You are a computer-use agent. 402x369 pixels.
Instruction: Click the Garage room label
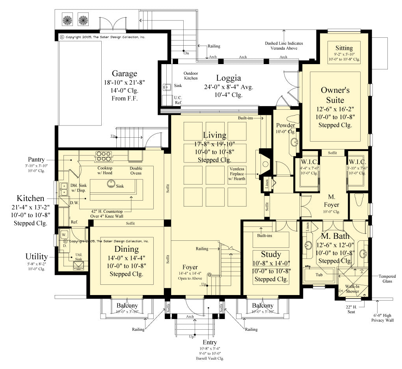(x=124, y=74)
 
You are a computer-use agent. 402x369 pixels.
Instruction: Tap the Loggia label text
(x=228, y=78)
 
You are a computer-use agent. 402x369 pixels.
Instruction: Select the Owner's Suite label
(x=335, y=95)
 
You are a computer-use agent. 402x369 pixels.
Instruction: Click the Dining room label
(x=126, y=249)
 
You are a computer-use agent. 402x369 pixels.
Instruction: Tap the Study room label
(x=271, y=254)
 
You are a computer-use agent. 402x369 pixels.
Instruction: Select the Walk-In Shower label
(x=352, y=289)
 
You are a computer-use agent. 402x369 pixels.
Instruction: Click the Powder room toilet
(x=294, y=120)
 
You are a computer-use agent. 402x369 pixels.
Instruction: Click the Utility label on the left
(x=37, y=256)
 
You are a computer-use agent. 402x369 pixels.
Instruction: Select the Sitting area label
(x=344, y=48)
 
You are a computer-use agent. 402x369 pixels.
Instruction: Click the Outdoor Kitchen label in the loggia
(x=190, y=76)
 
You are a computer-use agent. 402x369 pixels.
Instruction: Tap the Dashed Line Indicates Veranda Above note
(x=284, y=46)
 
